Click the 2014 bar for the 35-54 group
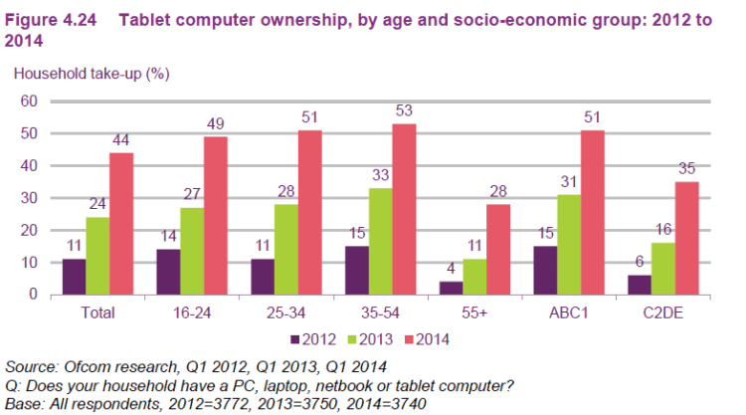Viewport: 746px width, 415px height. coord(404,209)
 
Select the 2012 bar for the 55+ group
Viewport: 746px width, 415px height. coord(452,289)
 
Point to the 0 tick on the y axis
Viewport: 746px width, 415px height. coord(33,295)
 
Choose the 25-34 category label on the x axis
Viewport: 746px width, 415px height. coord(283,312)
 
